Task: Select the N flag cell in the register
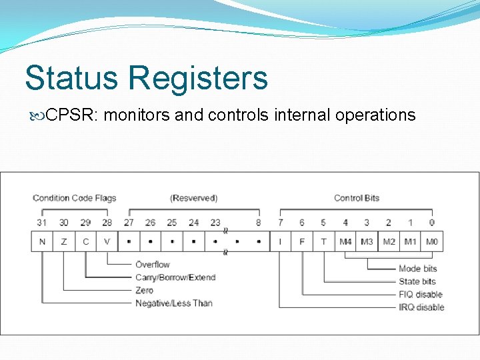pyautogui.click(x=42, y=241)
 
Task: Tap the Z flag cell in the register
pyautogui.click(x=64, y=241)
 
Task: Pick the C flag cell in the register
pyautogui.click(x=85, y=241)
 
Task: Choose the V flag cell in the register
pyautogui.click(x=107, y=241)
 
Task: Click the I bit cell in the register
pyautogui.click(x=280, y=241)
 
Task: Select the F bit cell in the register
pyautogui.click(x=302, y=241)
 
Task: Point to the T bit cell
pyautogui.click(x=323, y=241)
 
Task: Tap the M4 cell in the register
pyautogui.click(x=345, y=241)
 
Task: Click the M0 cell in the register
pyautogui.click(x=431, y=241)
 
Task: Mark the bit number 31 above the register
pyautogui.click(x=42, y=223)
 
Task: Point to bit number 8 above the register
pyautogui.click(x=258, y=223)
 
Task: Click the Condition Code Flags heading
pyautogui.click(x=74, y=198)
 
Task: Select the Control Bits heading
pyautogui.click(x=357, y=198)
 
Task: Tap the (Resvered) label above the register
pyautogui.click(x=193, y=198)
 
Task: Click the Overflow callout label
pyautogui.click(x=152, y=265)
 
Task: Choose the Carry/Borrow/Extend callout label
pyautogui.click(x=175, y=277)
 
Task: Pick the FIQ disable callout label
pyautogui.click(x=420, y=294)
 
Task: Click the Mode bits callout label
pyautogui.click(x=417, y=269)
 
